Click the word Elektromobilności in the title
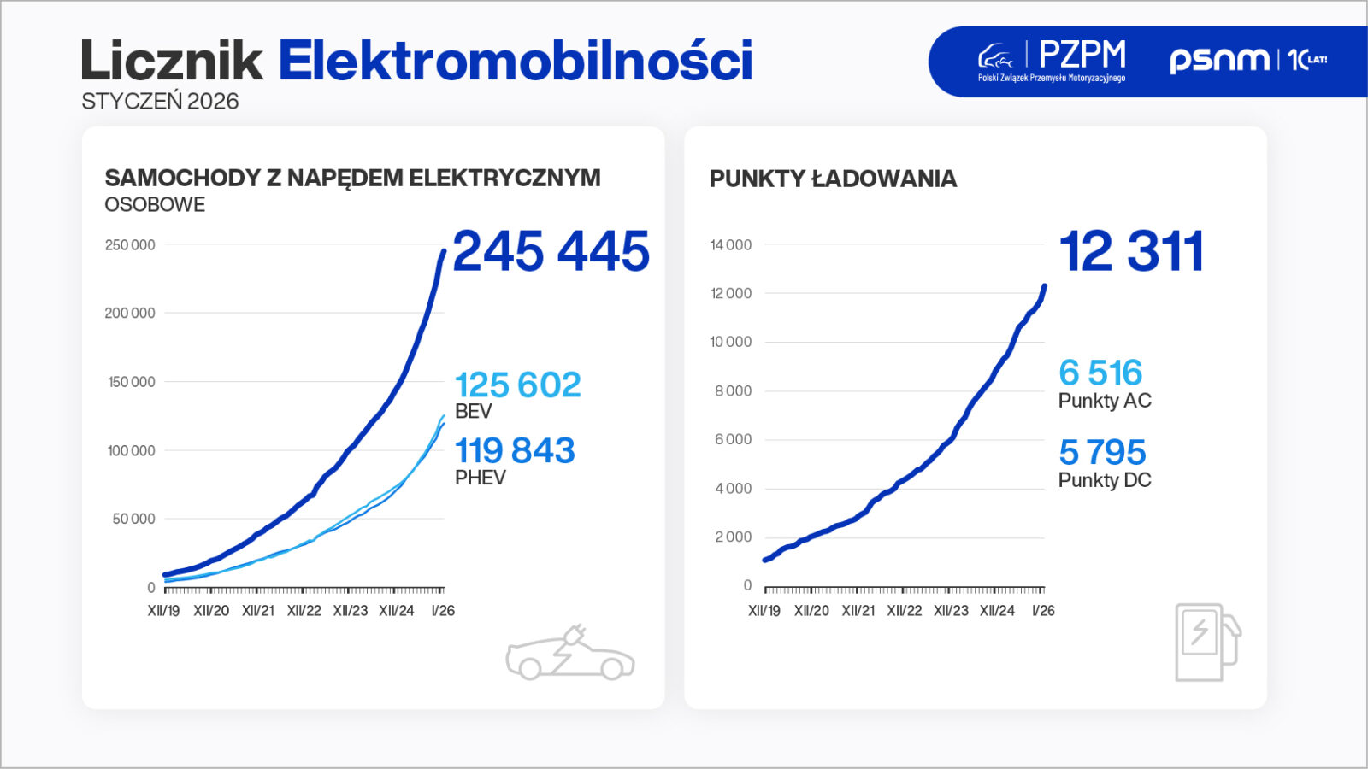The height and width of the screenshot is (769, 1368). [x=516, y=61]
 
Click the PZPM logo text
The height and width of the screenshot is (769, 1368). [x=1082, y=56]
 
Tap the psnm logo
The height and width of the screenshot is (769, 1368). [x=1219, y=59]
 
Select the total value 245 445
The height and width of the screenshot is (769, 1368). [x=551, y=251]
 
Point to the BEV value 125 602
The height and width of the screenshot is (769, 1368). [x=517, y=384]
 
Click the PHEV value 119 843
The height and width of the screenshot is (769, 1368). [x=515, y=450]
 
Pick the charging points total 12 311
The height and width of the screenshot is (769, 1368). [x=1131, y=251]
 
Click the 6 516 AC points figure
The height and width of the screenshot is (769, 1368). [x=1100, y=373]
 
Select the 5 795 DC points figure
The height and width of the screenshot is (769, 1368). [x=1102, y=452]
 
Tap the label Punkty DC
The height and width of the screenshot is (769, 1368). [x=1105, y=480]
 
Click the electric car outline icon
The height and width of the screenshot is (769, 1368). [x=569, y=654]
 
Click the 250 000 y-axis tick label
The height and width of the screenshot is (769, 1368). [x=130, y=245]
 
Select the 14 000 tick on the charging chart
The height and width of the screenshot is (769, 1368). [x=730, y=245]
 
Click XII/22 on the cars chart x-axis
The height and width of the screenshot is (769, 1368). [x=304, y=611]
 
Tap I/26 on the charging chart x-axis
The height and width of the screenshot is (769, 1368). [x=1042, y=611]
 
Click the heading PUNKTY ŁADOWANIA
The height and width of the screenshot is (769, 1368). [x=833, y=179]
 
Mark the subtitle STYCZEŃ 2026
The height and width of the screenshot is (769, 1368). [x=160, y=102]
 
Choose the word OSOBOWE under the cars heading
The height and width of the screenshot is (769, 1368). [x=155, y=205]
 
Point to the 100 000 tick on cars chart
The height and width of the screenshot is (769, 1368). [x=131, y=450]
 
